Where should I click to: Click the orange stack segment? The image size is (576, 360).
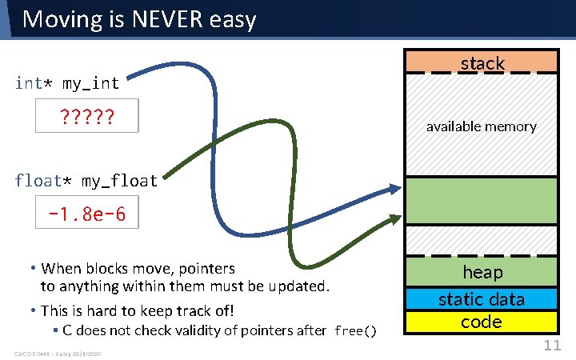tap(482, 62)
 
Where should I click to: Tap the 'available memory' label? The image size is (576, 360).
tap(481, 126)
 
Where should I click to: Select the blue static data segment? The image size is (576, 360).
tap(482, 299)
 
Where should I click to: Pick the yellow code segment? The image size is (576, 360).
tap(482, 322)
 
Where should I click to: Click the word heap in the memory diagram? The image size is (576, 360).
tap(482, 272)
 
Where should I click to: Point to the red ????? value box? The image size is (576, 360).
tap(87, 116)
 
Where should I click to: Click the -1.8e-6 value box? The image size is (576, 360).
tap(87, 214)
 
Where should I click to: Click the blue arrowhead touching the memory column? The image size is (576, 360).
tap(395, 188)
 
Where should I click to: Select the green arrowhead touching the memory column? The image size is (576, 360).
tap(395, 217)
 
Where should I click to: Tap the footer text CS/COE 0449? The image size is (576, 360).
tap(35, 354)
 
